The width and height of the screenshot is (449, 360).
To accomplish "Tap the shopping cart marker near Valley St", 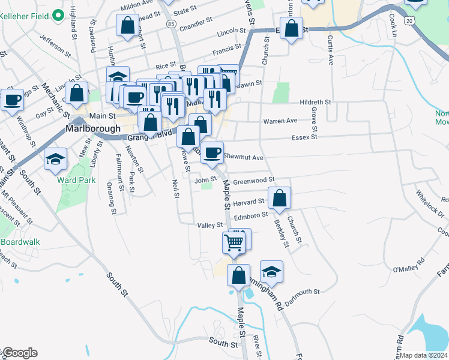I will [233, 242].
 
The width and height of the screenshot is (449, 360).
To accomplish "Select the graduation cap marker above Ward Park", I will [56, 158].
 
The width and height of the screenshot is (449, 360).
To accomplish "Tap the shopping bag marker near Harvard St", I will [279, 198].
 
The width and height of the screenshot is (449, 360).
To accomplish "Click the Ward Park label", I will [74, 179].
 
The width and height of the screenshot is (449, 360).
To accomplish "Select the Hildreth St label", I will [316, 103].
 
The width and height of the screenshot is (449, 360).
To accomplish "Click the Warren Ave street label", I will [280, 121].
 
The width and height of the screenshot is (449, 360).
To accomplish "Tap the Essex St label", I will [304, 137].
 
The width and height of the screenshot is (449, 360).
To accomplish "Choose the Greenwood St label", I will [253, 179].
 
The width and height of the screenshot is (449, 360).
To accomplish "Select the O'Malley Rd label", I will [408, 265].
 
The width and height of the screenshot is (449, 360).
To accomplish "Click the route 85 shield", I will [172, 24].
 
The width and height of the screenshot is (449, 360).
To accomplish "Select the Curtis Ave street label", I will [330, 50].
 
